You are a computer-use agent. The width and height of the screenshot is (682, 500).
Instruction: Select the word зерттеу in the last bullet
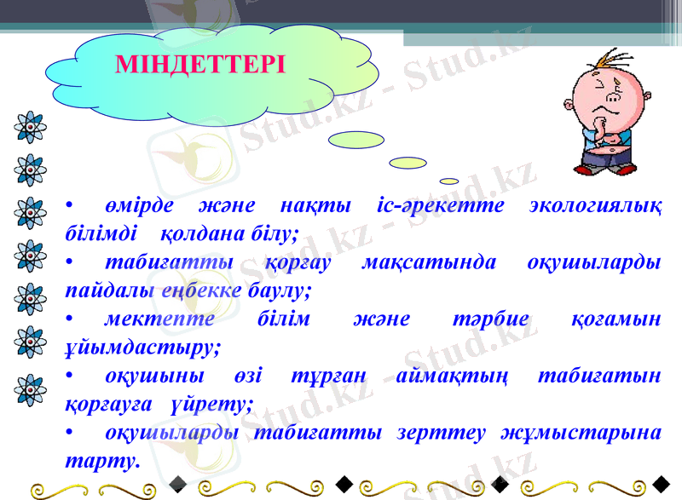tap(431, 432)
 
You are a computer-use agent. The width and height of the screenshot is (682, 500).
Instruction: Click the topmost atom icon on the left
tap(30, 126)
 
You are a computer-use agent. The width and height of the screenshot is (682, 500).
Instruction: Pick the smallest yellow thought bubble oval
tap(449, 181)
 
